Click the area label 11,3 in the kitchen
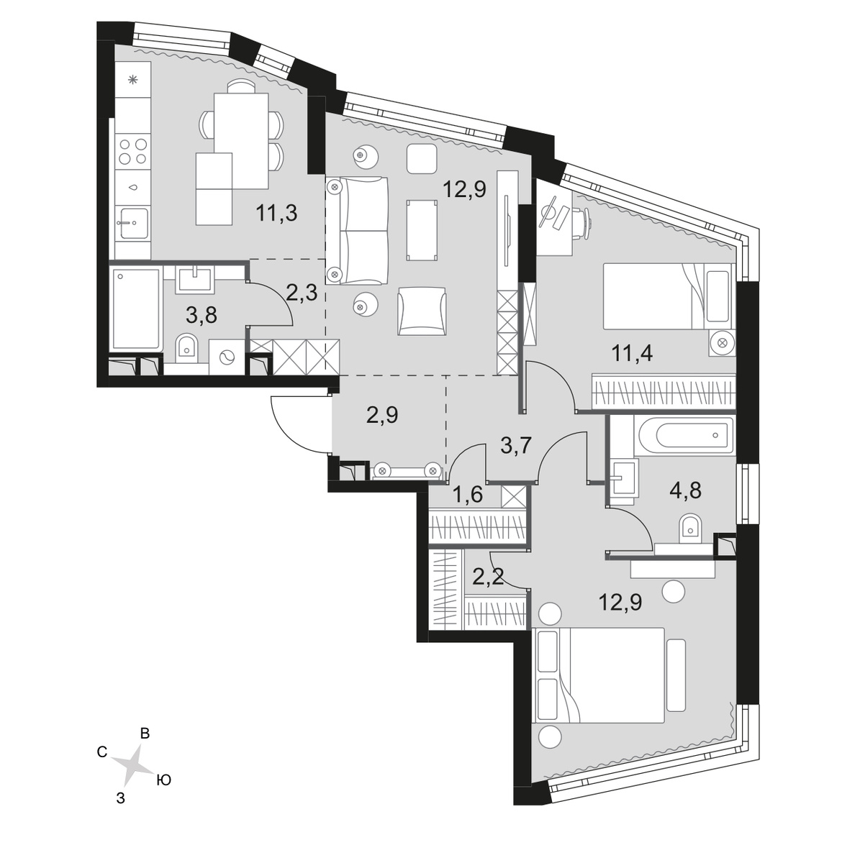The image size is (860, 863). [x=276, y=214]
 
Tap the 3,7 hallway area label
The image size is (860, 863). [x=515, y=447]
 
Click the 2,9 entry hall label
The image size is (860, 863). [x=382, y=415]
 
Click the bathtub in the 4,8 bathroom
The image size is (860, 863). [x=684, y=435]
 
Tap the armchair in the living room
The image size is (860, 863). [x=422, y=310]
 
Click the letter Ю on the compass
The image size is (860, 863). [x=163, y=780]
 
